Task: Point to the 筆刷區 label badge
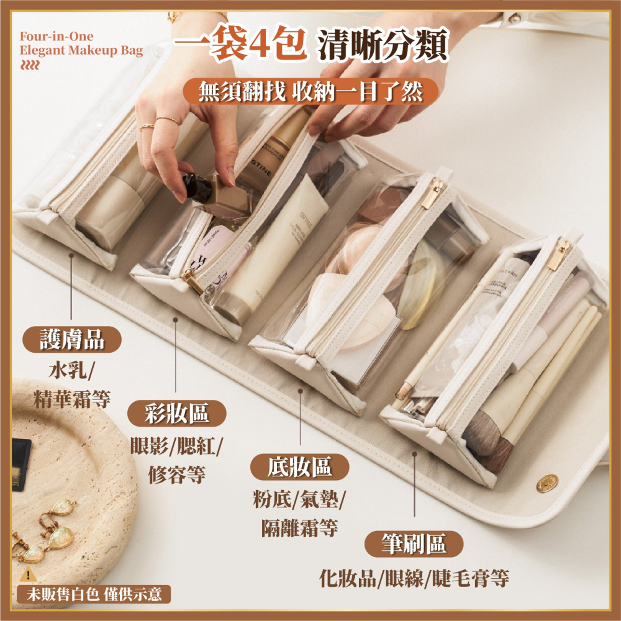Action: click(414, 544)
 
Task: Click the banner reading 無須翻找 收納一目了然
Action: click(310, 92)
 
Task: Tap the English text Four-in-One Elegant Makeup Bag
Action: click(81, 44)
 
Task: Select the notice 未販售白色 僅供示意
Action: click(93, 594)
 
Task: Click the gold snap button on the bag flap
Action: click(547, 483)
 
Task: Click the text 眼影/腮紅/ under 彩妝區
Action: click(176, 446)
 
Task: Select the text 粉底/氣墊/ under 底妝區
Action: click(300, 501)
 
